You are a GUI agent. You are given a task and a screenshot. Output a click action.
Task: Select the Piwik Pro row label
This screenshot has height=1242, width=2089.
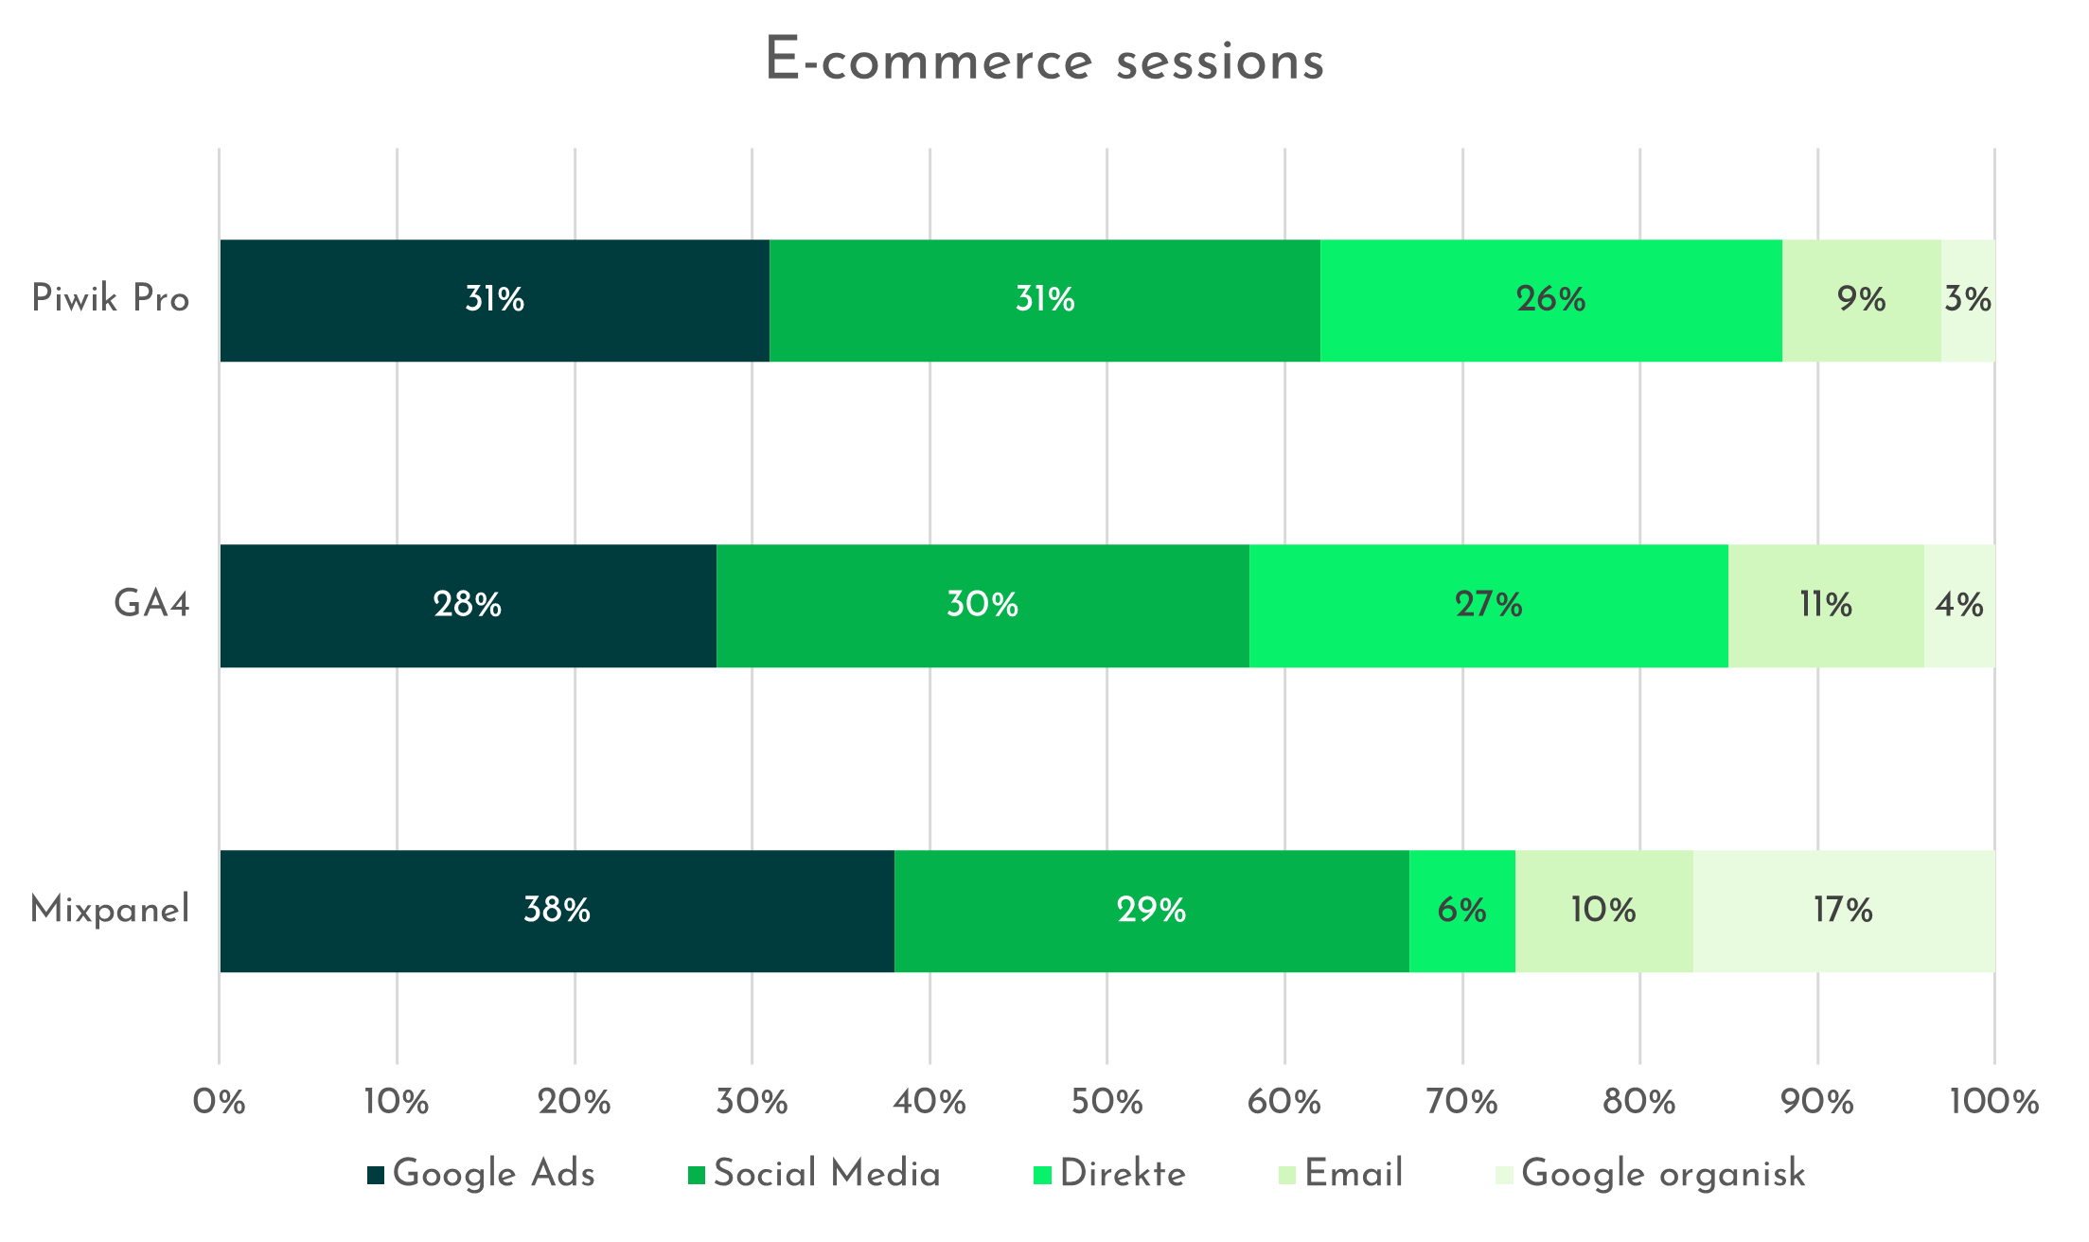[111, 299]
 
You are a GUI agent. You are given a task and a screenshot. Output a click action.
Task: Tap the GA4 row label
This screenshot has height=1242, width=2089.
[151, 604]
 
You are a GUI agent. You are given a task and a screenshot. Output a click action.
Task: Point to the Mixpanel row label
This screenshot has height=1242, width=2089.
[110, 910]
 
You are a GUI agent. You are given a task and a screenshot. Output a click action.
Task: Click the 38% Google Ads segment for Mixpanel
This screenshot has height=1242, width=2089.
[557, 911]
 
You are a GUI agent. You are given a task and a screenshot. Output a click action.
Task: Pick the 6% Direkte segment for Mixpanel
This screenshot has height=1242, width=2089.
[1461, 911]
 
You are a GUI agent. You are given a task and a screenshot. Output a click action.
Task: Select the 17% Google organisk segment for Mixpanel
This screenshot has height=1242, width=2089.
[1843, 911]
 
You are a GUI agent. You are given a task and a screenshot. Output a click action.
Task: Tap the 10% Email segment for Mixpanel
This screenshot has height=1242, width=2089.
[1603, 911]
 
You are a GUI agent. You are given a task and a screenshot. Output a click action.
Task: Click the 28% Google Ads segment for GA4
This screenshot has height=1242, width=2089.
[468, 605]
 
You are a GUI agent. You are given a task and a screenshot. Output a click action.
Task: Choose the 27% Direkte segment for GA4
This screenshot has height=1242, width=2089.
[1489, 605]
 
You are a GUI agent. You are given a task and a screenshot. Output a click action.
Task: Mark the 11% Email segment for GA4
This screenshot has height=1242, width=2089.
[1826, 605]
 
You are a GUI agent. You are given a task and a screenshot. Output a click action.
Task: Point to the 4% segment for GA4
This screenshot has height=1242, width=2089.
[1959, 605]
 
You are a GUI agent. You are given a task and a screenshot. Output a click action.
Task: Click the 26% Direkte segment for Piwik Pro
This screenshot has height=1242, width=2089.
[1550, 300]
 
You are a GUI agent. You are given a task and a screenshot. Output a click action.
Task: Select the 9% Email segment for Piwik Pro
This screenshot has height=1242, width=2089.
[1862, 300]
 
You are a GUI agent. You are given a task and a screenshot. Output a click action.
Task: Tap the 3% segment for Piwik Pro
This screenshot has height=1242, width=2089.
[1968, 300]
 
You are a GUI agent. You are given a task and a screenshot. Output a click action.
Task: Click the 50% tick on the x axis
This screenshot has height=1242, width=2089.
[1107, 1102]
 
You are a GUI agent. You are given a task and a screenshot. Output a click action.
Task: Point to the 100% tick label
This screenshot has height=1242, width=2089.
[1994, 1102]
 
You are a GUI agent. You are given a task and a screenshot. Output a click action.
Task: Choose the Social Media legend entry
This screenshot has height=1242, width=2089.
[814, 1174]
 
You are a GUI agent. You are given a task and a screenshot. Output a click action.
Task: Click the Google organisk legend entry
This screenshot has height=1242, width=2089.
[1650, 1174]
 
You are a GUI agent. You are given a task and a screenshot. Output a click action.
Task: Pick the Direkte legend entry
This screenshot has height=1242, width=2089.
[1109, 1174]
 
